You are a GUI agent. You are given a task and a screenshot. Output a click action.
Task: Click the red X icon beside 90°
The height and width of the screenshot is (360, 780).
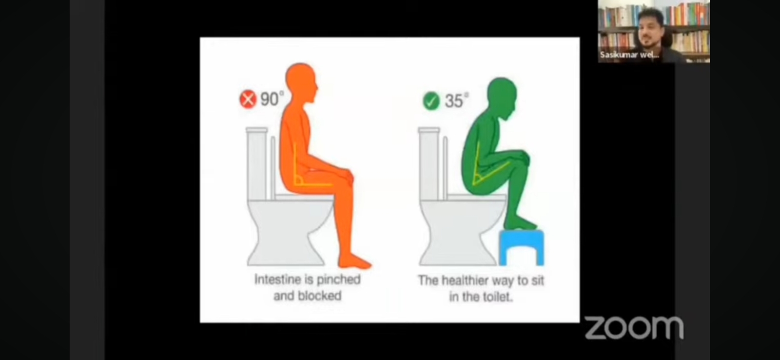[x=248, y=100]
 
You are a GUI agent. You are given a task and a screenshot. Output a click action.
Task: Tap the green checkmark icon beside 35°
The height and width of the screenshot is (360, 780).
[x=431, y=101]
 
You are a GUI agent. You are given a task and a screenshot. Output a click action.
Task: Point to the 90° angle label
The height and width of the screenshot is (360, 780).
[x=272, y=99]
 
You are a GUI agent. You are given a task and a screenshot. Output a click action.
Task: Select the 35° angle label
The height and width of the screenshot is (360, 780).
[x=456, y=100]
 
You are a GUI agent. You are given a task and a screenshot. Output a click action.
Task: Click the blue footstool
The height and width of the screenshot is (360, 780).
[x=521, y=247]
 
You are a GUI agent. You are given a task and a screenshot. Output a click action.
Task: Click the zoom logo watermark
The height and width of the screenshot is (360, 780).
[x=634, y=328]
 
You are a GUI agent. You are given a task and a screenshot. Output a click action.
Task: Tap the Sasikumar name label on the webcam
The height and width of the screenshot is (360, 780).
[x=629, y=55]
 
